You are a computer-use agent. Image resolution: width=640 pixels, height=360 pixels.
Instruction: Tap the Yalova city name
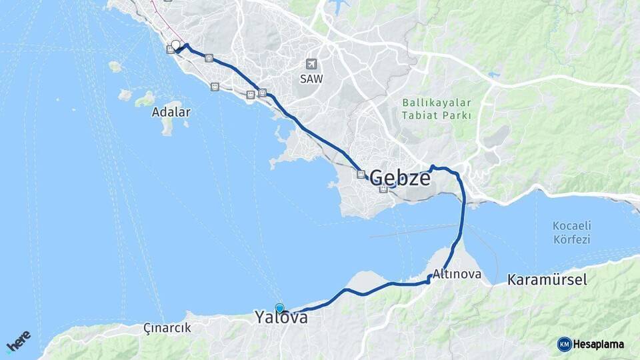281,318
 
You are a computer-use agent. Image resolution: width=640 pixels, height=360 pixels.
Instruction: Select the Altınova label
456,274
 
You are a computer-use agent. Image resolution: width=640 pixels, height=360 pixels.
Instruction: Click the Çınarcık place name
167,328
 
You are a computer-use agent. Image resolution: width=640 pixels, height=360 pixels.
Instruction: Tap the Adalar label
171,112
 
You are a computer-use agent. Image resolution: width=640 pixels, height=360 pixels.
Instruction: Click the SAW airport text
311,77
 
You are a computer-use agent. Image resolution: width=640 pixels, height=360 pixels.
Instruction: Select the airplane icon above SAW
311,64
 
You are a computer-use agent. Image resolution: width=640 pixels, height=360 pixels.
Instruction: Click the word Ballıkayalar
437,103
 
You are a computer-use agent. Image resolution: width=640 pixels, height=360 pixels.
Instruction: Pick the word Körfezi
571,239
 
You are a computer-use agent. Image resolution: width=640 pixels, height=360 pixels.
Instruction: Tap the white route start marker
176,45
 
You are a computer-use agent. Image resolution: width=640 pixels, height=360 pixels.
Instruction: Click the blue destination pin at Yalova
279,308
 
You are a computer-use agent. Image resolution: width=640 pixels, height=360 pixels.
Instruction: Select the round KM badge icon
564,344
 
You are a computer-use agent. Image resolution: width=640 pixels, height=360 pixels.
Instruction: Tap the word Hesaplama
599,344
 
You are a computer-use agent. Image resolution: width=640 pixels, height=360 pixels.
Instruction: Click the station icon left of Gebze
361,175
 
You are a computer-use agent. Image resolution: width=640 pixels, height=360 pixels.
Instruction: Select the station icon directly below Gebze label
383,189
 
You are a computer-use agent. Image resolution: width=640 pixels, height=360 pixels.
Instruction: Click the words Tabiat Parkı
437,115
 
